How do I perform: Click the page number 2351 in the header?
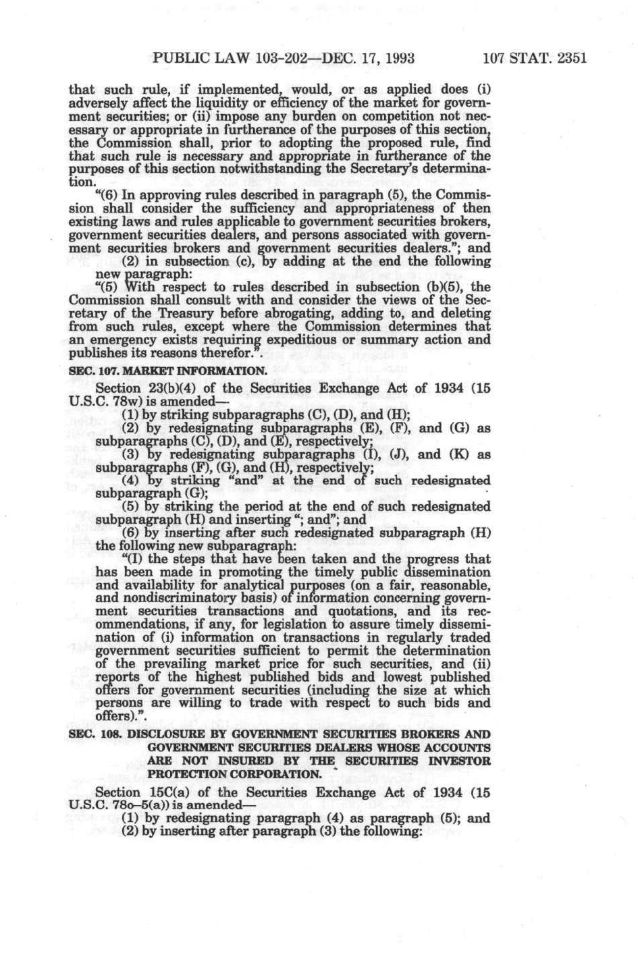(x=566, y=58)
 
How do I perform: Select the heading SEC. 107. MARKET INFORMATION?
(x=168, y=371)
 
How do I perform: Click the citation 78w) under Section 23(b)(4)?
(x=122, y=401)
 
